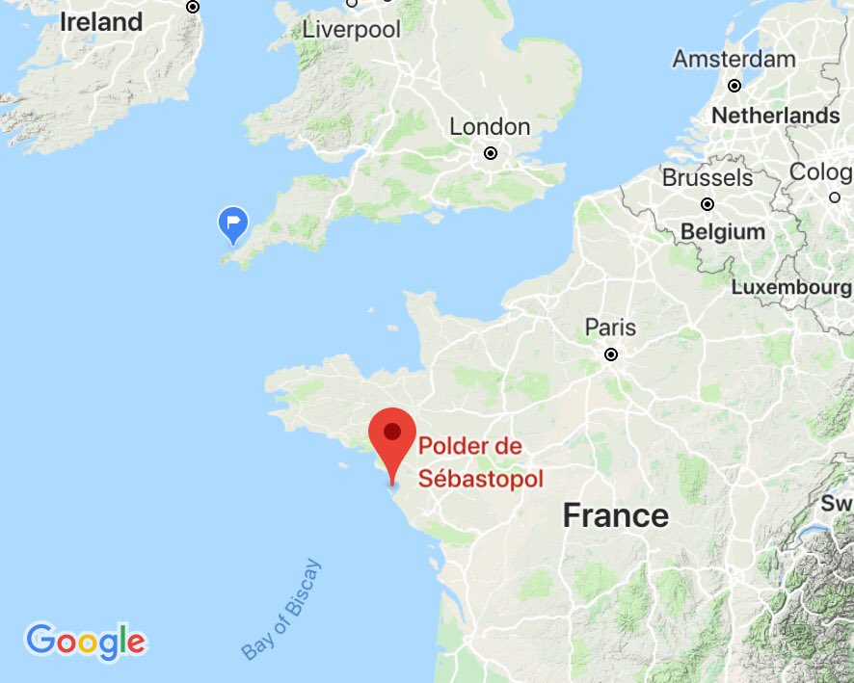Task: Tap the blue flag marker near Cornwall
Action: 232,223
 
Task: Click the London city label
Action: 490,127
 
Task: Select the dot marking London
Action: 491,152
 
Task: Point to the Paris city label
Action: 610,328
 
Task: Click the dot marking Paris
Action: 610,355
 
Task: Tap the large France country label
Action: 615,515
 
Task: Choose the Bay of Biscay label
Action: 281,609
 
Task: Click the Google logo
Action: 86,642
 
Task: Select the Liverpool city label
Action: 351,30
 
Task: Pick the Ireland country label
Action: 101,22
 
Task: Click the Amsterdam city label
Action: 734,59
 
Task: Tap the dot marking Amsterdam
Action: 734,85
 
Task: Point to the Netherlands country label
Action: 775,116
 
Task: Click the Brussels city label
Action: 707,178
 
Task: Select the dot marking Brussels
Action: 707,204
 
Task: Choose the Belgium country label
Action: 722,232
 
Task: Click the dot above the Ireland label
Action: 193,6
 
